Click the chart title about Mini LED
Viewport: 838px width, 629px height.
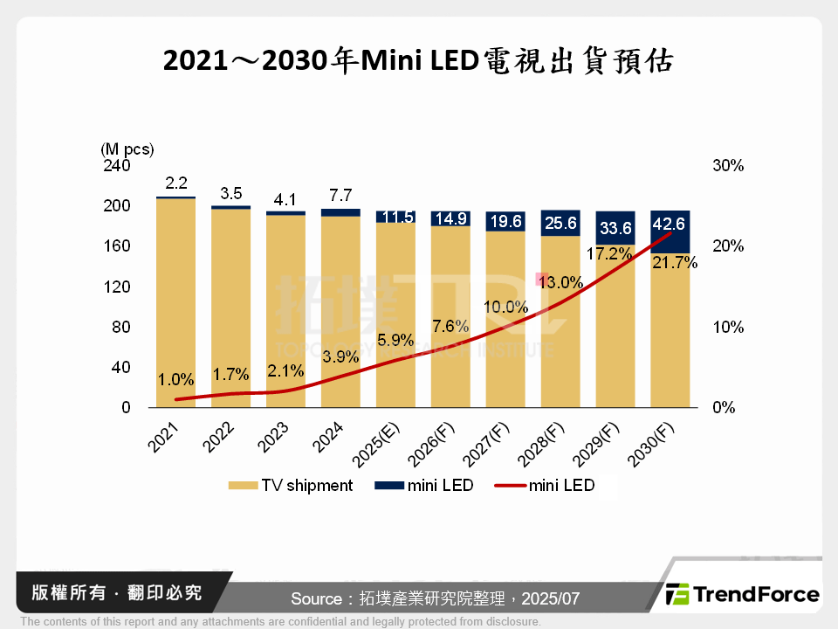pyautogui.click(x=419, y=60)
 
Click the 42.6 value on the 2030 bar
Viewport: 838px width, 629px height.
pyautogui.click(x=670, y=225)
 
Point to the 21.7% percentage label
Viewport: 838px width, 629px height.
pyautogui.click(x=675, y=262)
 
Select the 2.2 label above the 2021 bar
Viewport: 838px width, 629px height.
pyautogui.click(x=176, y=183)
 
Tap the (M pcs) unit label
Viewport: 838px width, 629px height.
pyautogui.click(x=127, y=149)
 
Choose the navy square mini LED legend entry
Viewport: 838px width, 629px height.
pyautogui.click(x=428, y=486)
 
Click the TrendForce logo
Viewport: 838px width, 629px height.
pyautogui.click(x=743, y=595)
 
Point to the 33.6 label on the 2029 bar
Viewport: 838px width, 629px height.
pyautogui.click(x=615, y=229)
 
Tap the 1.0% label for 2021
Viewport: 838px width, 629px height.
pyautogui.click(x=176, y=380)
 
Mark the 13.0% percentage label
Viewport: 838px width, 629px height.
pyautogui.click(x=560, y=282)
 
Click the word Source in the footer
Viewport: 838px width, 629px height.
pyautogui.click(x=316, y=598)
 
